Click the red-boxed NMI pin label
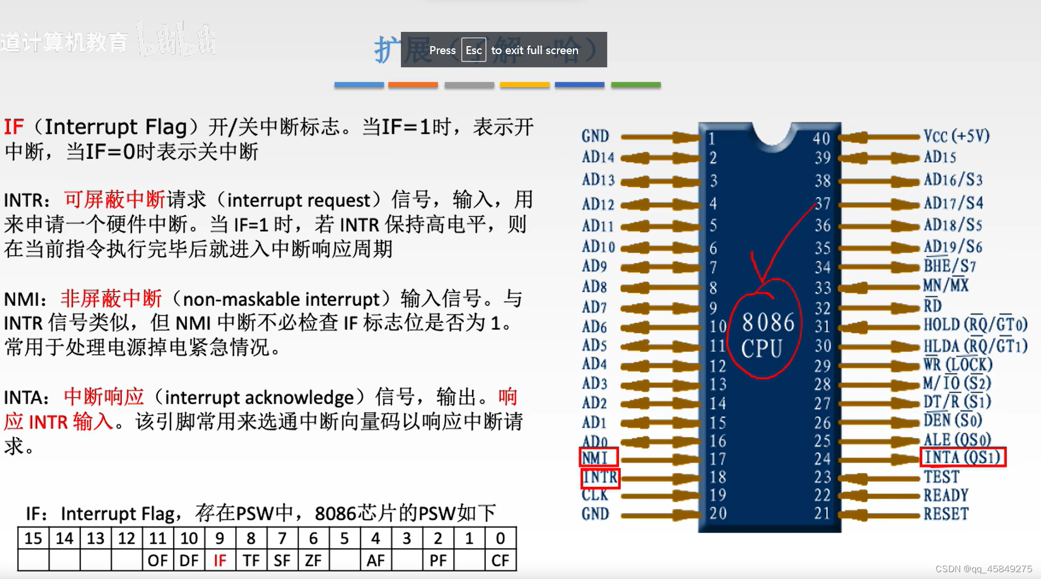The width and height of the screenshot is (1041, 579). pos(598,458)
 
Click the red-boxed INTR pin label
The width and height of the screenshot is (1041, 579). pos(600,477)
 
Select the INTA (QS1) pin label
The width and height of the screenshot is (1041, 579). pos(963,457)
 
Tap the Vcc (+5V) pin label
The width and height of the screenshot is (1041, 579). pos(956,136)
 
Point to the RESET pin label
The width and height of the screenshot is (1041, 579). pos(946,514)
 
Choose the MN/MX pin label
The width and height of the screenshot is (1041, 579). pos(945,285)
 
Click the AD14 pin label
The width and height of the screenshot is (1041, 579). pos(598,157)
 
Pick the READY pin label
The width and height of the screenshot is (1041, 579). pos(946,495)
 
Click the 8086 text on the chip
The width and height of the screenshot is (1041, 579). pos(768,323)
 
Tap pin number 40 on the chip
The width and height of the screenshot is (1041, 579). pos(821,138)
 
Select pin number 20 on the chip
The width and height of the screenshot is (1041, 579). pos(718,514)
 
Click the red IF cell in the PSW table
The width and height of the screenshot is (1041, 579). pos(220,561)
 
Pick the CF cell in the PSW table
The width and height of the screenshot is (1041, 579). pos(500,561)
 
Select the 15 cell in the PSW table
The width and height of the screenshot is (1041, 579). pos(33,539)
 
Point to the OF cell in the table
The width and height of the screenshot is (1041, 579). pos(158,561)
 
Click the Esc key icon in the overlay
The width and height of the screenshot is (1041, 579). pos(473,50)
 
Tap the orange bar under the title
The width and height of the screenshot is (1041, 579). pos(413,85)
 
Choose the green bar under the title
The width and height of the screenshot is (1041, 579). pos(636,85)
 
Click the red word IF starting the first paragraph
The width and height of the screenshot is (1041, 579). pos(14,126)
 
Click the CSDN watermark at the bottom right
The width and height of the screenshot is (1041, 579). pos(983,569)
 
